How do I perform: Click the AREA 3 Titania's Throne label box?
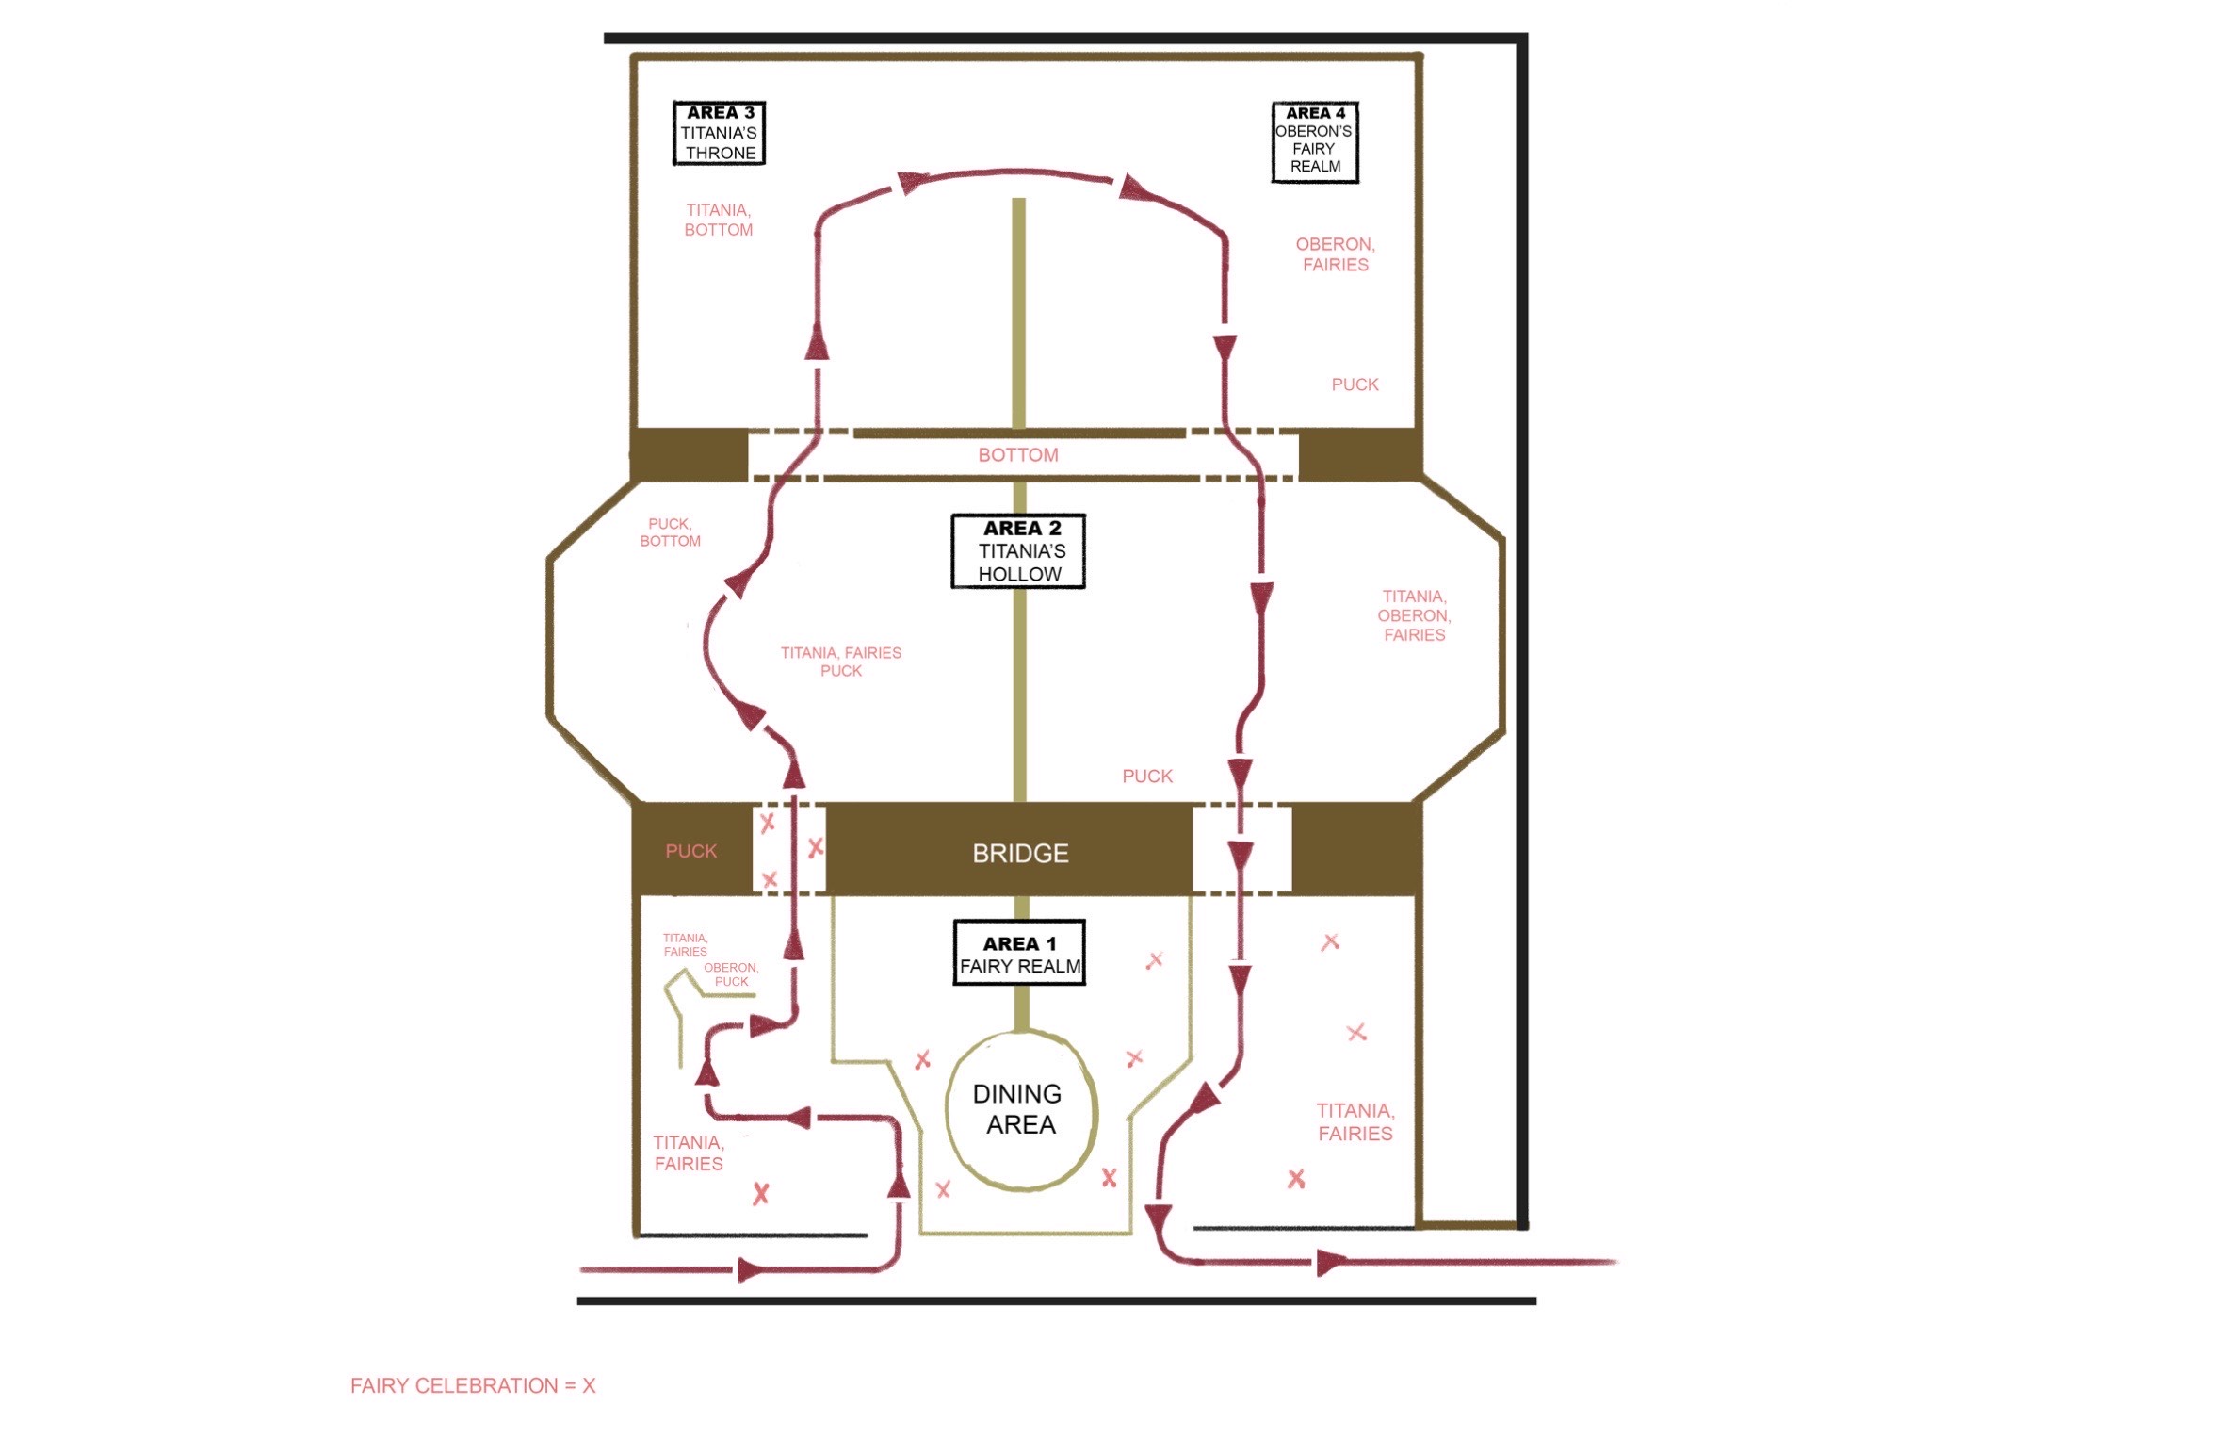pyautogui.click(x=719, y=133)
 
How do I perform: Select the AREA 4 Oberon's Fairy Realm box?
pyautogui.click(x=1315, y=141)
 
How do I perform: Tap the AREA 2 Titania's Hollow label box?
pyautogui.click(x=1018, y=551)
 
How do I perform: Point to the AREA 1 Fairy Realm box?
pyautogui.click(x=1019, y=953)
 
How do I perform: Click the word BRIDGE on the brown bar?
pyautogui.click(x=1020, y=854)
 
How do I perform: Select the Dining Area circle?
pyautogui.click(x=1021, y=1109)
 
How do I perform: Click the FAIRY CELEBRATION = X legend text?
pyautogui.click(x=473, y=1385)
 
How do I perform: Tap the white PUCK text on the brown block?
pyautogui.click(x=690, y=851)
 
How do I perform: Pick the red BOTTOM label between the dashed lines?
pyautogui.click(x=1017, y=455)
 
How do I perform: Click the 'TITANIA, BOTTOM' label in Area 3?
pyautogui.click(x=718, y=220)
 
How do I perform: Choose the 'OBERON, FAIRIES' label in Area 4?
pyautogui.click(x=1335, y=254)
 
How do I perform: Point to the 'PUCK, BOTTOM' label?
pyautogui.click(x=670, y=532)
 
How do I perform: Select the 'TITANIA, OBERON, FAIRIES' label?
pyautogui.click(x=1414, y=615)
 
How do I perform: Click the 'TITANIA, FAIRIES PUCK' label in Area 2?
pyautogui.click(x=840, y=662)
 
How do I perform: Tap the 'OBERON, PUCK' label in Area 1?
pyautogui.click(x=731, y=974)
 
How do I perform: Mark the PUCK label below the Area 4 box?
pyautogui.click(x=1355, y=384)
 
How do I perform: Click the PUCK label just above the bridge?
pyautogui.click(x=1146, y=777)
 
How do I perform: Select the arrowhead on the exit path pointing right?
pyautogui.click(x=1328, y=1262)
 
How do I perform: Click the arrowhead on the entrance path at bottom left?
pyautogui.click(x=751, y=1270)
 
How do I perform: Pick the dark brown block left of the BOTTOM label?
pyautogui.click(x=690, y=454)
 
